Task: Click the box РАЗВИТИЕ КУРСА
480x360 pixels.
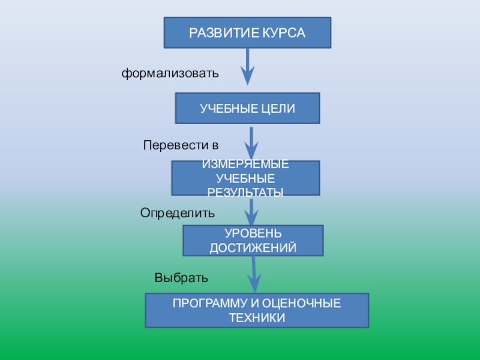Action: (247, 32)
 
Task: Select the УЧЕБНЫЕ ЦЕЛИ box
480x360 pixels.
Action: (247, 108)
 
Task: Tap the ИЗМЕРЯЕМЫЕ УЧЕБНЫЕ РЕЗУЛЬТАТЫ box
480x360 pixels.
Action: (245, 178)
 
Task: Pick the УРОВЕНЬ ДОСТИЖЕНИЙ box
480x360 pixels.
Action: (253, 241)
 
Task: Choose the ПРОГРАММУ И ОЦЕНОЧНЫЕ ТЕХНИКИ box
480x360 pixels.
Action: (257, 310)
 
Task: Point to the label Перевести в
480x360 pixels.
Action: (181, 145)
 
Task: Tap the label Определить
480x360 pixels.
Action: (177, 212)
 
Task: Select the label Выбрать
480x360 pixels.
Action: (181, 278)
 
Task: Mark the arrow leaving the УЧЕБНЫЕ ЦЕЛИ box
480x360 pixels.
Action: (252, 143)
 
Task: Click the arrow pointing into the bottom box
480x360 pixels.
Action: (254, 275)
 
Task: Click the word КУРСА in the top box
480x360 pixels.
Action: (283, 32)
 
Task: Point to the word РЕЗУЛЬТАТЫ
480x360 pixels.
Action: (245, 192)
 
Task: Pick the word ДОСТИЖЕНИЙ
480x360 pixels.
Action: (253, 248)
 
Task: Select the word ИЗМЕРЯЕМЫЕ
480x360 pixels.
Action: (245, 164)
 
